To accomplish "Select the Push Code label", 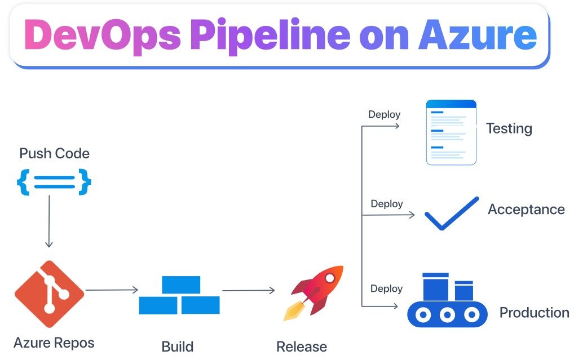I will (54, 153).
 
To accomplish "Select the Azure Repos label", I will (54, 343).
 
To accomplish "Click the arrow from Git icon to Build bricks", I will (112, 290).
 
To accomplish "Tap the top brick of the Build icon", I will (180, 285).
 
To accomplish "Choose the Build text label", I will (177, 346).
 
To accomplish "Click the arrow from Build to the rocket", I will (248, 291).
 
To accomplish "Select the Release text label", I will (302, 346).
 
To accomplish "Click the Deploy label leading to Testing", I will (384, 114).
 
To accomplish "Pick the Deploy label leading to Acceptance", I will (386, 203).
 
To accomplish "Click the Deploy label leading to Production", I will (386, 288).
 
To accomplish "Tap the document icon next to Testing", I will (451, 132).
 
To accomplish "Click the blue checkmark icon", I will (451, 214).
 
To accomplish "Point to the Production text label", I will (534, 313).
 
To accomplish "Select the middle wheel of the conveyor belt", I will (447, 314).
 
